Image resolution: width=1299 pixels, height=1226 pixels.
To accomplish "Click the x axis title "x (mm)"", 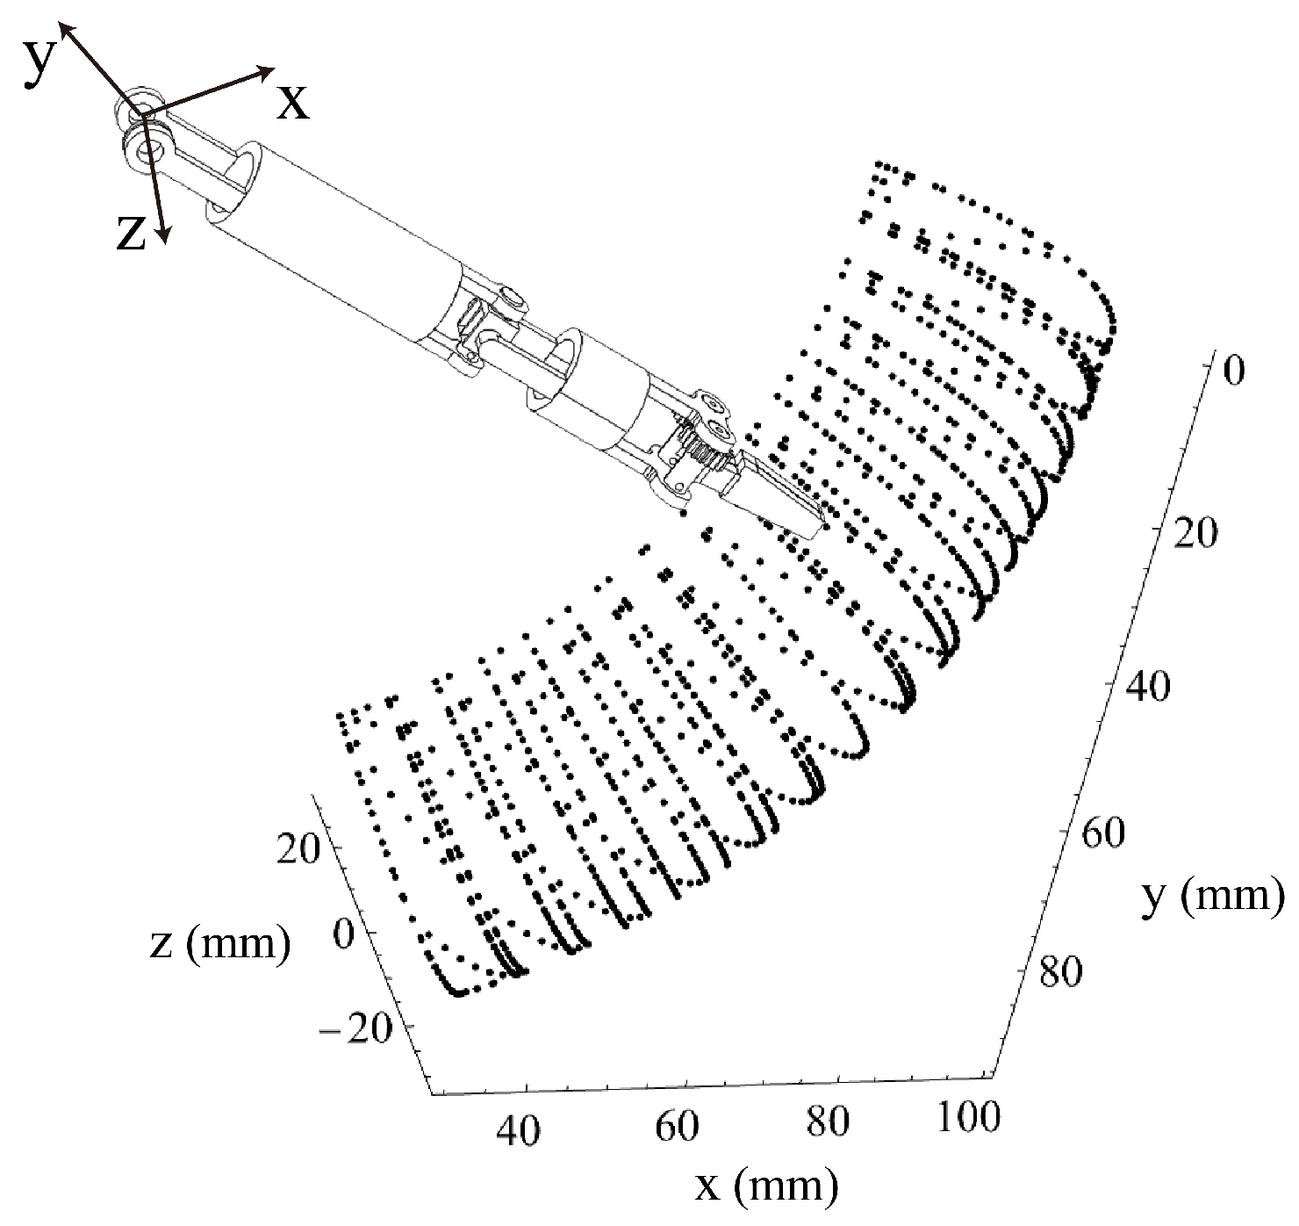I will pos(767,1186).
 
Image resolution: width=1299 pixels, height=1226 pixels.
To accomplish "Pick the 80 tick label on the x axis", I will pos(828,1121).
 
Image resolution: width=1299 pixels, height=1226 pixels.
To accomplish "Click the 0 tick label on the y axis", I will pos(1233,371).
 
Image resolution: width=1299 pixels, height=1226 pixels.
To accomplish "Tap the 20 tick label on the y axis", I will pos(1195,533).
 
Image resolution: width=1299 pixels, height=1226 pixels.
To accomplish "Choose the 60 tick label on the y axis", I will pos(1101,833).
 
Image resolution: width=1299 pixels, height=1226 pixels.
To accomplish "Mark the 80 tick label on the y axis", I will pos(1059,972).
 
